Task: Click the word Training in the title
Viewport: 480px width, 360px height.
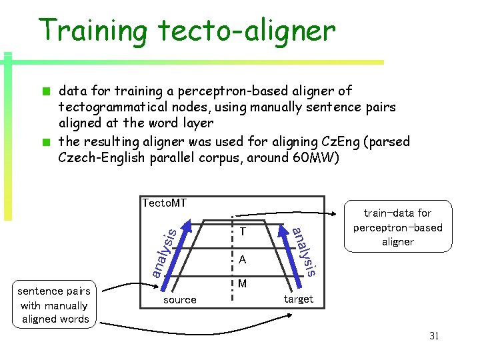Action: coord(93,31)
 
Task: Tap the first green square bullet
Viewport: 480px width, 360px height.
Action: coord(46,91)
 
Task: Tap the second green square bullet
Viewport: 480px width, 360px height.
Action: coord(46,142)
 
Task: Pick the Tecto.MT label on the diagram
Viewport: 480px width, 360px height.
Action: coord(164,203)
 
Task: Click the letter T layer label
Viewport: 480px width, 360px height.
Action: coord(243,232)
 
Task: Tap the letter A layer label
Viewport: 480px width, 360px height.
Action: coord(243,259)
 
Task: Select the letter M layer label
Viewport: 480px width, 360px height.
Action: coord(243,284)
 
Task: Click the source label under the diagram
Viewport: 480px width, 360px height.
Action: coord(180,300)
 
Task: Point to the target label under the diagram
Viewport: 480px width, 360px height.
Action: coord(298,299)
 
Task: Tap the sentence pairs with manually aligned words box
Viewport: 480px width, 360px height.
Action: coord(55,305)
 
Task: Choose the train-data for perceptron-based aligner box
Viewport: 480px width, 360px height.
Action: coord(397,227)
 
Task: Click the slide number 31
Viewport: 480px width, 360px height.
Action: coord(433,336)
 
